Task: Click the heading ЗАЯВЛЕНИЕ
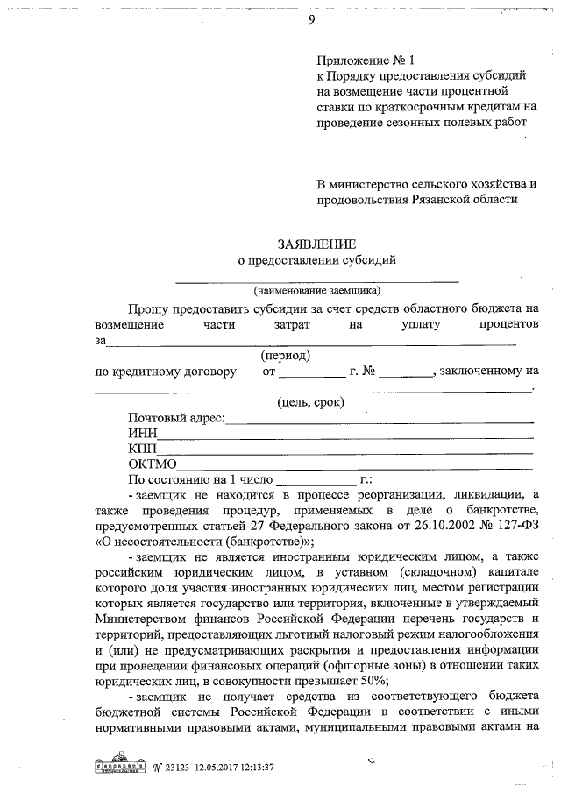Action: [x=316, y=244]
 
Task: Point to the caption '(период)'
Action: [x=285, y=356]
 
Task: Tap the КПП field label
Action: [x=142, y=449]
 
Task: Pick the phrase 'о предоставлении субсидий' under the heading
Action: [x=317, y=259]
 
